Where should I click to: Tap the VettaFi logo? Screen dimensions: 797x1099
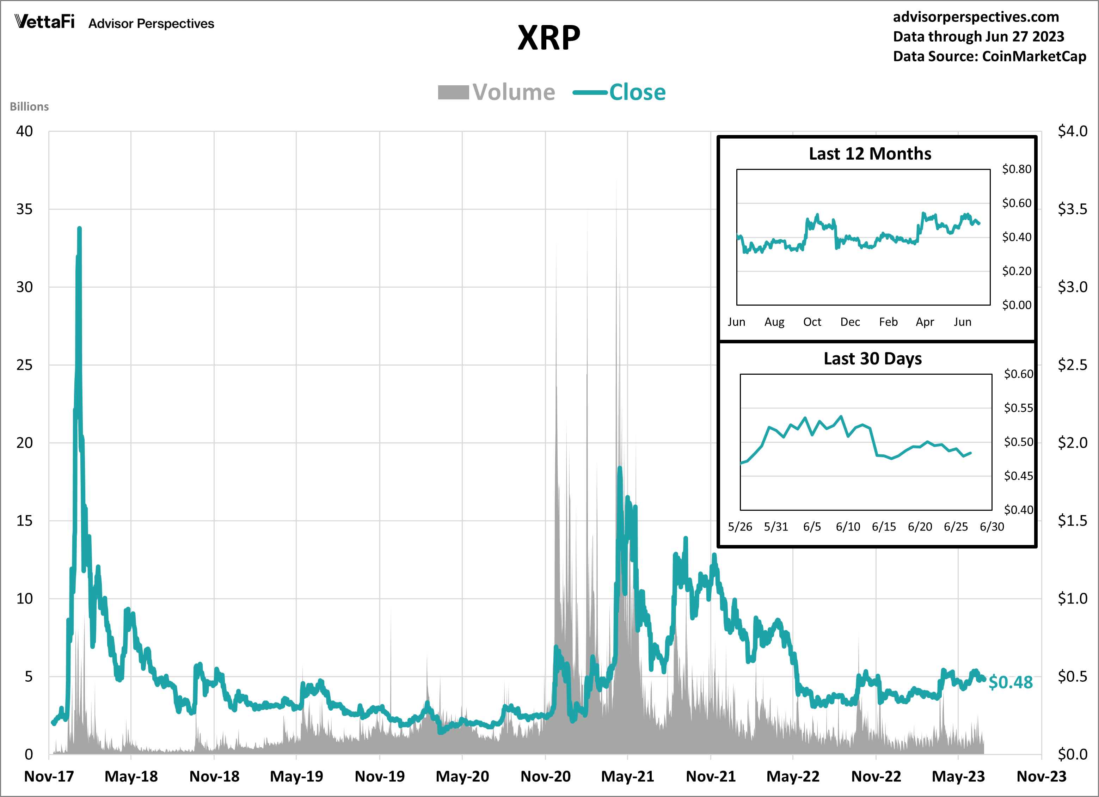(x=44, y=22)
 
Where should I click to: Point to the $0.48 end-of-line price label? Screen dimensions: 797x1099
(x=1010, y=682)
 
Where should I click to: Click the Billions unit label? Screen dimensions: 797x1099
(x=29, y=106)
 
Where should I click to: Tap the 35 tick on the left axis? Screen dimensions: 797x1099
(x=24, y=209)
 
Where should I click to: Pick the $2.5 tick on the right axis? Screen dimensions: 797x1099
(x=1072, y=365)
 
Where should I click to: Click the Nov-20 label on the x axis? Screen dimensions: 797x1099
(x=545, y=777)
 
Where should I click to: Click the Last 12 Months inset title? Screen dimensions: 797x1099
(x=870, y=154)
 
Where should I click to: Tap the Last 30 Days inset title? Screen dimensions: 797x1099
(x=872, y=358)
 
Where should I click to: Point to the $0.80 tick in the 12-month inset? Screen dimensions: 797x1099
(x=1017, y=169)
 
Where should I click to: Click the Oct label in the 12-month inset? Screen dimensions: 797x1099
(x=812, y=322)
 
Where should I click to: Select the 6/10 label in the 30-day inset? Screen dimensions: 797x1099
(x=848, y=527)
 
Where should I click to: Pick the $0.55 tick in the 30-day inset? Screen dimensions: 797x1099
(x=1018, y=408)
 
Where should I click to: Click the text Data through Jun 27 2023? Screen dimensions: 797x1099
(x=978, y=37)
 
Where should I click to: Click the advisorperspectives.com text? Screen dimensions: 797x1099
(x=976, y=17)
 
